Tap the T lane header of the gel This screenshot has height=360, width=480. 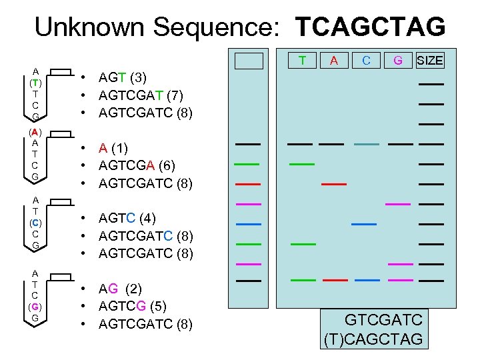[x=302, y=61]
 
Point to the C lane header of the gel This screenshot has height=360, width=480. [x=366, y=61]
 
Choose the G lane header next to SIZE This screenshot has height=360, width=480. [x=398, y=61]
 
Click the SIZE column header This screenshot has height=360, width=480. [x=429, y=61]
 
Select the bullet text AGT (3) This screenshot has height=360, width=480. [x=123, y=77]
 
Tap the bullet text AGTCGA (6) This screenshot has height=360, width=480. [x=137, y=165]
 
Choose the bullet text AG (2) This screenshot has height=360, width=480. [x=118, y=289]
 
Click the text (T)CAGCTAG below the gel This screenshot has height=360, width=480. [x=373, y=339]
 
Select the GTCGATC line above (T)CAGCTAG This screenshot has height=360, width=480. [x=383, y=320]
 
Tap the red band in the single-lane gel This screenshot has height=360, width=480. [x=247, y=183]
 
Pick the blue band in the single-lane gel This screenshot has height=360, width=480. [x=247, y=224]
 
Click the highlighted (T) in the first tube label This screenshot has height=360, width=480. [x=35, y=83]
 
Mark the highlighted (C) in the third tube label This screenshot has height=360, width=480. [x=35, y=222]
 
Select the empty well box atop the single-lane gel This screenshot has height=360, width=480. [x=249, y=61]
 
